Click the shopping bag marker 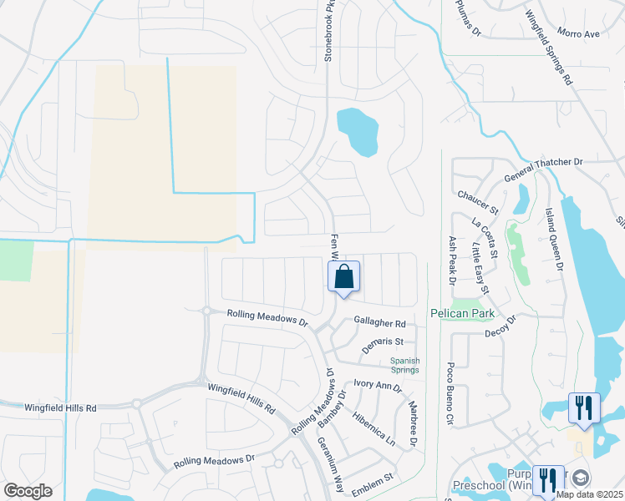pyautogui.click(x=344, y=276)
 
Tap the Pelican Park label pyautogui.click(x=462, y=314)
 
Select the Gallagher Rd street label pyautogui.click(x=379, y=323)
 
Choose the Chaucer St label pyautogui.click(x=477, y=201)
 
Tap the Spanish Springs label pyautogui.click(x=406, y=365)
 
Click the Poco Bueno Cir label pyautogui.click(x=450, y=393)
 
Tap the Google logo pyautogui.click(x=28, y=490)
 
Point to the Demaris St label pyautogui.click(x=383, y=343)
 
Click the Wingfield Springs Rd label pyautogui.click(x=549, y=47)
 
